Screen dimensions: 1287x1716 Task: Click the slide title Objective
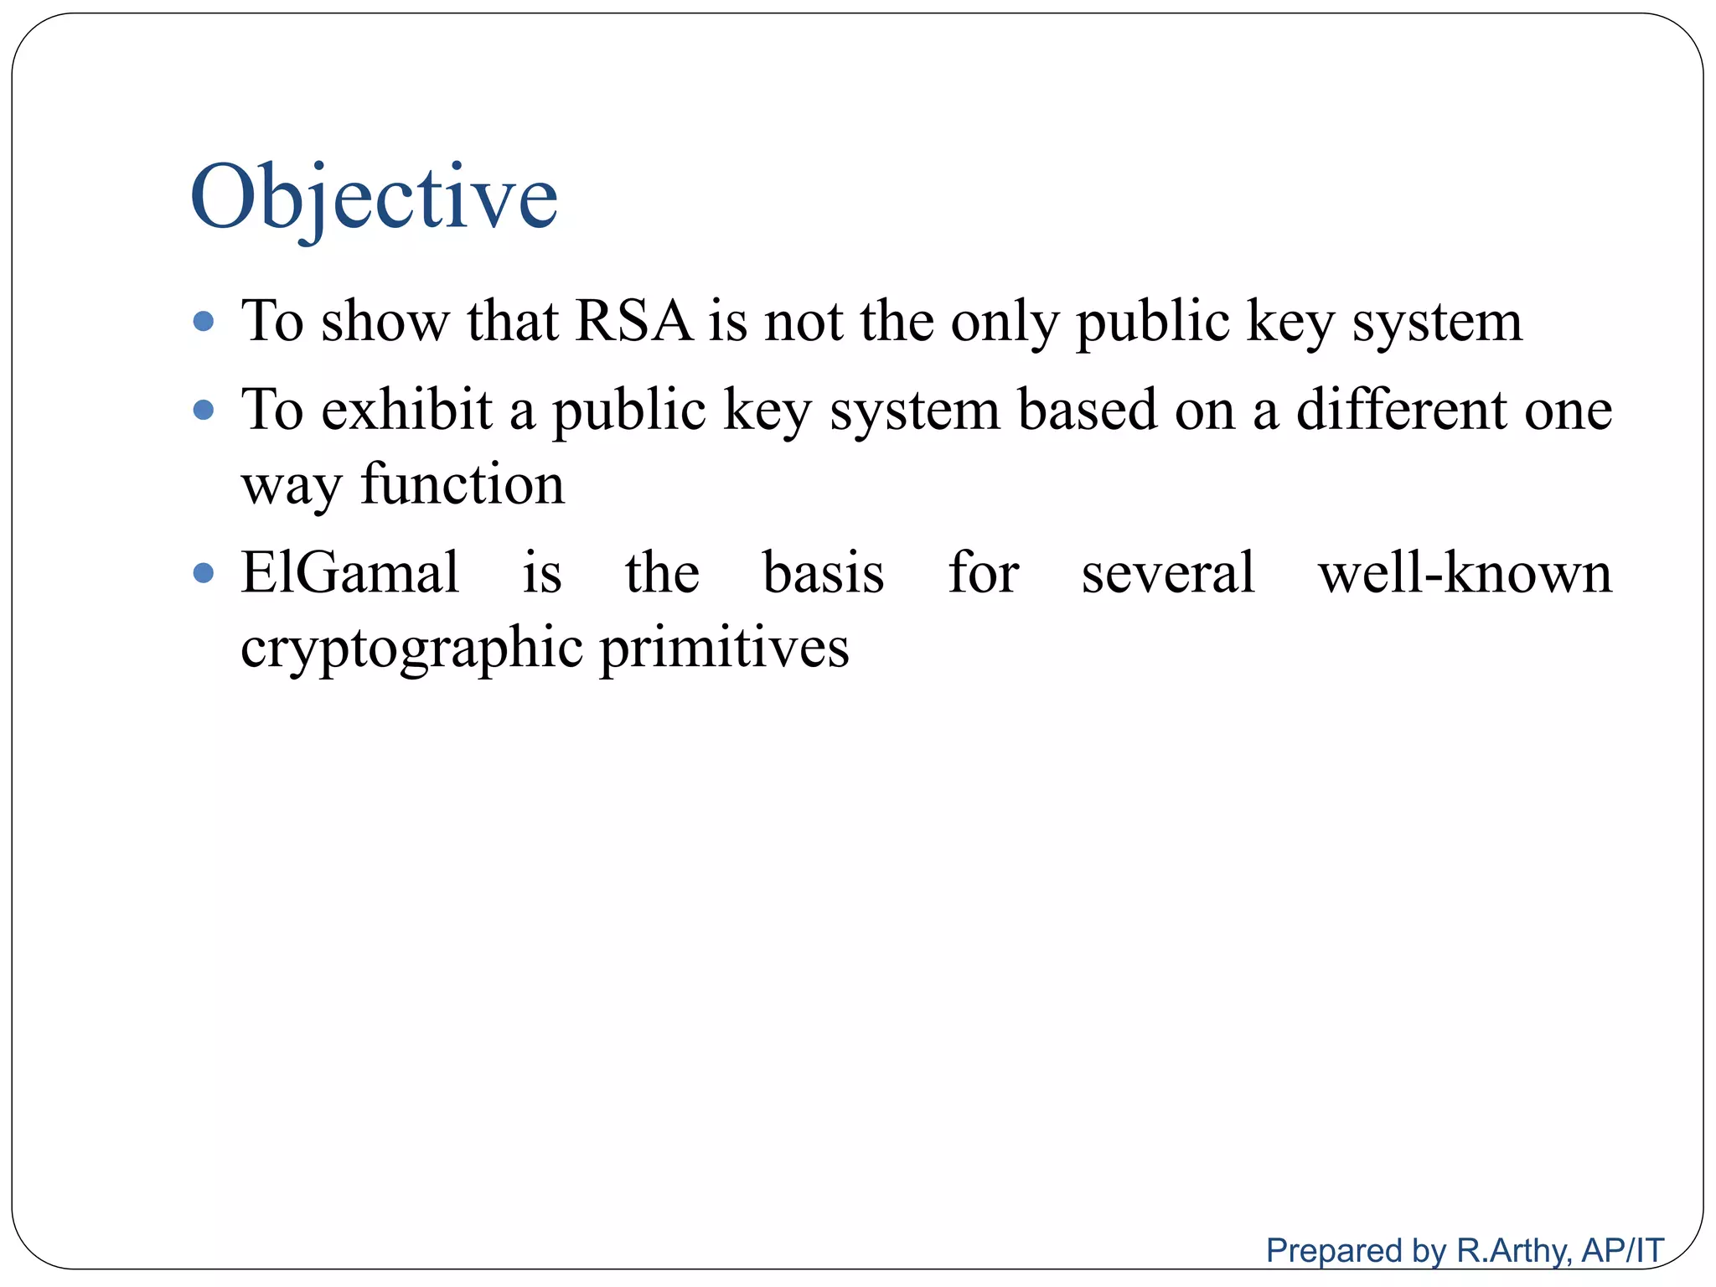tap(374, 198)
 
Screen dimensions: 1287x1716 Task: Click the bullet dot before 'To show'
tap(204, 321)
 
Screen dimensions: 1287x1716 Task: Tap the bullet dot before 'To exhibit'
tap(204, 410)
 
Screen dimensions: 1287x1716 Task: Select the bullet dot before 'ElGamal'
tap(204, 573)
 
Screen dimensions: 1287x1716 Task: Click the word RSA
tap(634, 321)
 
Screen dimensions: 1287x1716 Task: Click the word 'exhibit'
tap(406, 410)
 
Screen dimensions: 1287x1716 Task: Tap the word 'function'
tap(463, 484)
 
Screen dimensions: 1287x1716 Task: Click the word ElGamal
tap(350, 573)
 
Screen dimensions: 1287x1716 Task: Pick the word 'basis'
tap(824, 573)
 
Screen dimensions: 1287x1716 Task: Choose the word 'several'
tap(1168, 573)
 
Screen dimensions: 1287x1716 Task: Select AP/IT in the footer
tap(1622, 1251)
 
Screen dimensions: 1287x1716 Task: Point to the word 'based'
tap(1087, 410)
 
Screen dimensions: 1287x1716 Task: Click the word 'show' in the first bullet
tap(385, 321)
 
